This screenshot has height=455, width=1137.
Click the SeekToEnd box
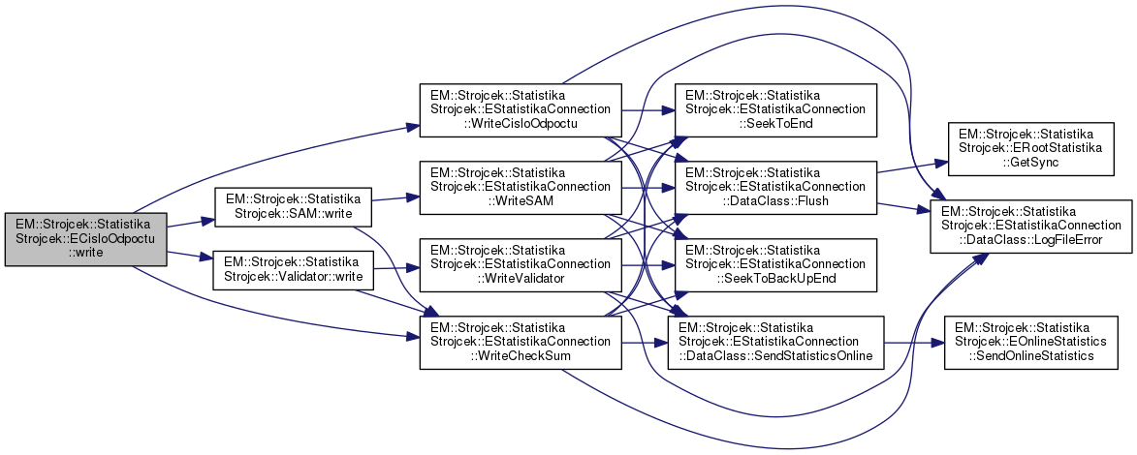click(x=776, y=109)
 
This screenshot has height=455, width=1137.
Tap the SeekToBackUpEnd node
click(x=776, y=261)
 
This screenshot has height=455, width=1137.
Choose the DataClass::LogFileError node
click(x=1030, y=226)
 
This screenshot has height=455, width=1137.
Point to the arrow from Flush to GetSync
click(x=911, y=167)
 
